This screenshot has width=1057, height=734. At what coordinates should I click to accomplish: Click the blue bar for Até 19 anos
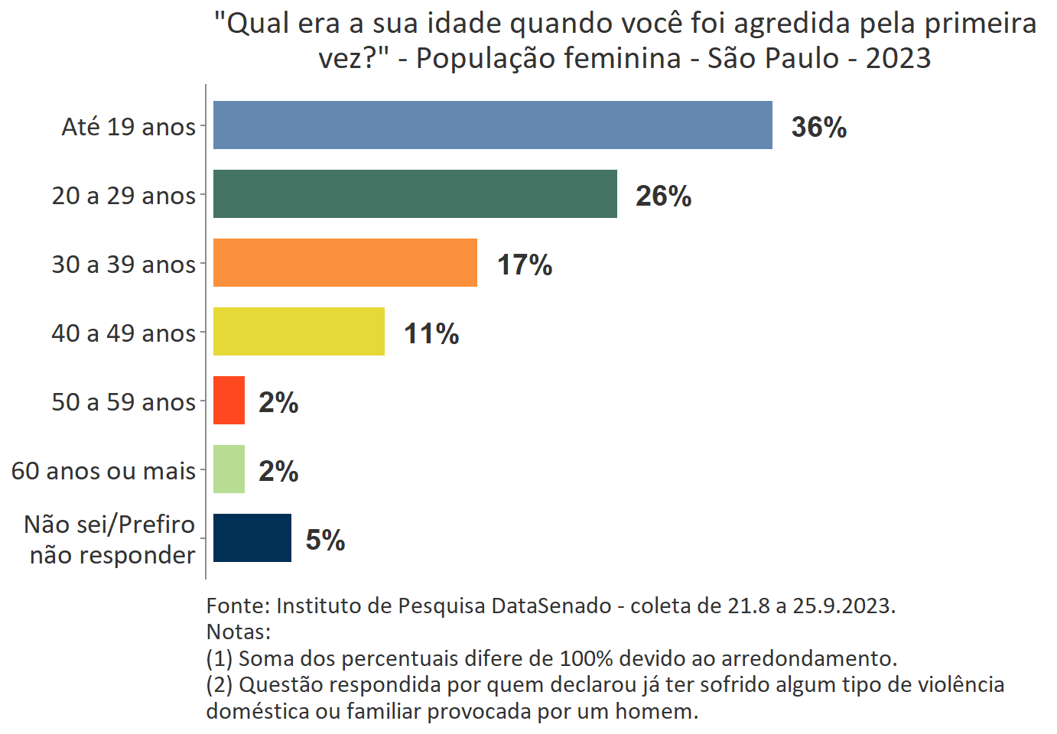tap(493, 125)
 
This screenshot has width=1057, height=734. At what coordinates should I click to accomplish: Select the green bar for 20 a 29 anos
tap(415, 193)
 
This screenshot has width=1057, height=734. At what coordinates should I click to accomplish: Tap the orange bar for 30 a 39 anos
tap(345, 262)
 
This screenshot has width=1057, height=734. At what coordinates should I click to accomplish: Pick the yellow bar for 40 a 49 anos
tap(298, 331)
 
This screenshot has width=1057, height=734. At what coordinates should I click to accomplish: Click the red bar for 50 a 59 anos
tap(229, 400)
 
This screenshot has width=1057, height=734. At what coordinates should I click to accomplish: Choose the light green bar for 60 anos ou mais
tap(229, 469)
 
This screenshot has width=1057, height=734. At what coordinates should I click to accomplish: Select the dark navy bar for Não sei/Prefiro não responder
tap(252, 538)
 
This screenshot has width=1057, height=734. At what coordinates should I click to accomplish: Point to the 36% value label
tap(818, 127)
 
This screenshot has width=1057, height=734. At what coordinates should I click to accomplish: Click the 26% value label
tap(663, 196)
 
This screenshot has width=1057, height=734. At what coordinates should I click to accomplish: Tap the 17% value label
tap(525, 265)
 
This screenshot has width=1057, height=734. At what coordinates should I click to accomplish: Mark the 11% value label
tap(431, 333)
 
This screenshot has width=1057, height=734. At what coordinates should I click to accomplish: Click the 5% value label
tap(325, 540)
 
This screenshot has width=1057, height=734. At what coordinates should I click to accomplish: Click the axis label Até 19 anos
tap(128, 126)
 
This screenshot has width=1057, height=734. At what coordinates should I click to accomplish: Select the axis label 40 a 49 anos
tap(123, 333)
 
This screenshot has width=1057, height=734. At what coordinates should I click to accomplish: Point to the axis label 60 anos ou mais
tap(103, 471)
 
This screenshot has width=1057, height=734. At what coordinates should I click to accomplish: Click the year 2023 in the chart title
tap(898, 58)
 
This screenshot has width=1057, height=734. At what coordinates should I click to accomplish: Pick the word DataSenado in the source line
tap(551, 606)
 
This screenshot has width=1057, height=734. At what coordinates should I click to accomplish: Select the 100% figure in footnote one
tap(587, 658)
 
